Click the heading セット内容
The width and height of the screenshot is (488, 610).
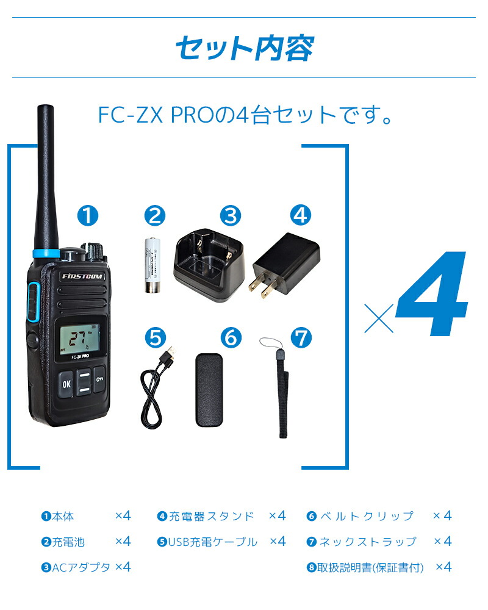click(244, 48)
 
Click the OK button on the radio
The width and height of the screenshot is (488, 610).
click(66, 384)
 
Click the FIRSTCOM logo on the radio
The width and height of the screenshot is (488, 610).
click(83, 276)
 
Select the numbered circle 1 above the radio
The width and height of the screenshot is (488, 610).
click(87, 215)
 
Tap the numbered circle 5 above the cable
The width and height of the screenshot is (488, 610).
click(155, 337)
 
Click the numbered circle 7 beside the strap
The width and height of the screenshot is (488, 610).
click(301, 337)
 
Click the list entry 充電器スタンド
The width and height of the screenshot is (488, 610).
click(210, 516)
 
